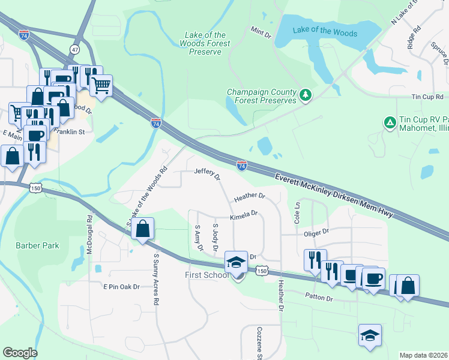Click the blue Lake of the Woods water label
click(x=325, y=32)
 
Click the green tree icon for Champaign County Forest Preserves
click(x=306, y=95)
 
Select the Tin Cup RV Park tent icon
click(x=389, y=122)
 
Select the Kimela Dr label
click(x=243, y=213)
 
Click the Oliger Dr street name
click(x=317, y=231)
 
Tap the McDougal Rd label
click(x=89, y=233)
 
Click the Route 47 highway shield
click(x=74, y=48)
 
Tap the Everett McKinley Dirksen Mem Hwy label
click(x=334, y=196)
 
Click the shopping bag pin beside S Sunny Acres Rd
click(x=142, y=229)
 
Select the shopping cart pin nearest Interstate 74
click(x=101, y=85)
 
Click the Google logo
click(x=20, y=353)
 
